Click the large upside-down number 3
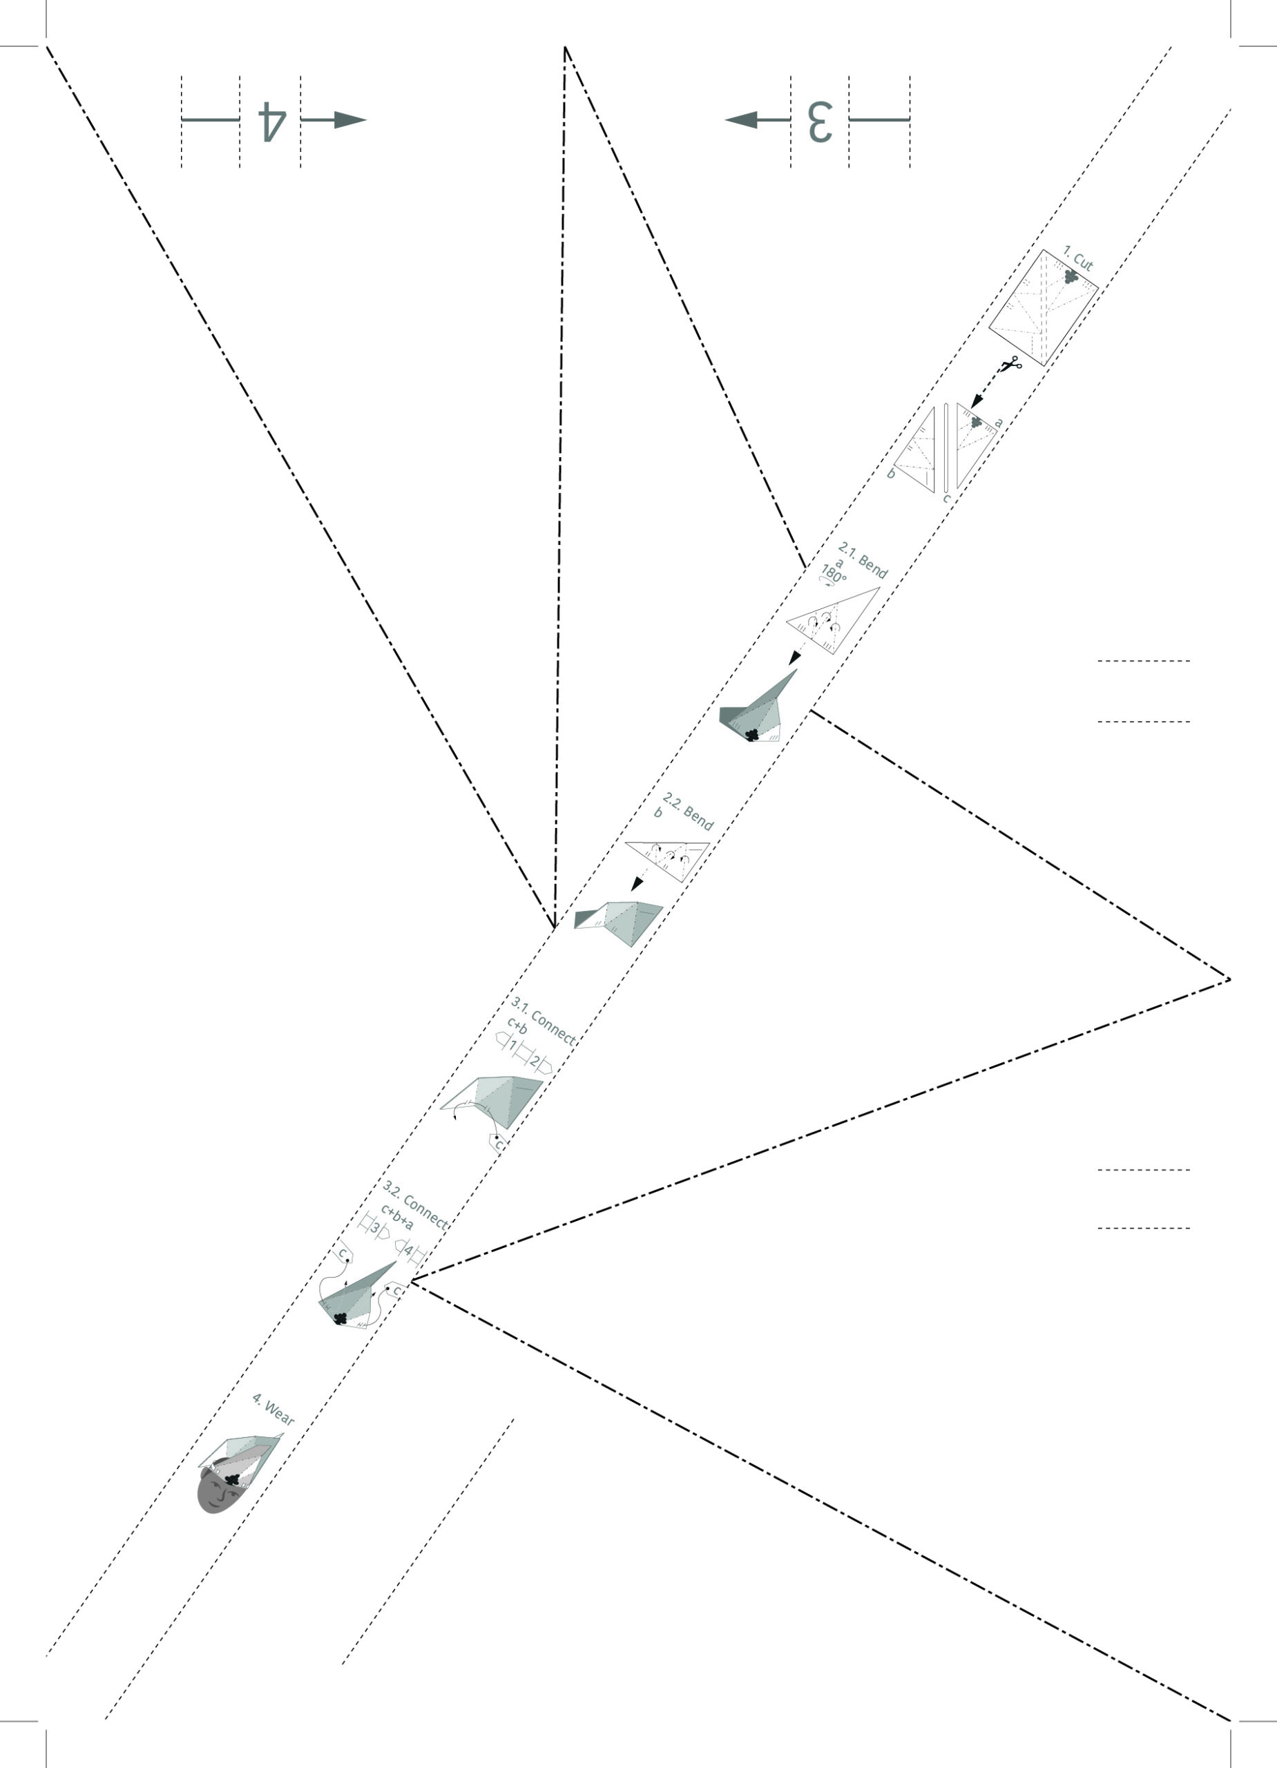(x=819, y=121)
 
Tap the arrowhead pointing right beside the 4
(x=351, y=120)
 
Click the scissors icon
(x=1012, y=363)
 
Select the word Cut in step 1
(x=1083, y=261)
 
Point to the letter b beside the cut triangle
(x=892, y=473)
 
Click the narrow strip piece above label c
(x=945, y=448)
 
